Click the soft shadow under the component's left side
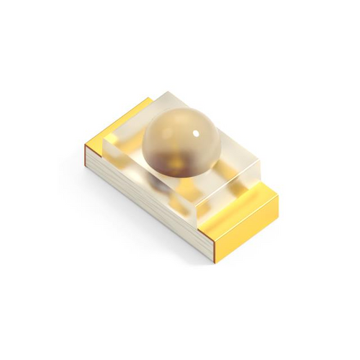click(x=115, y=194)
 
